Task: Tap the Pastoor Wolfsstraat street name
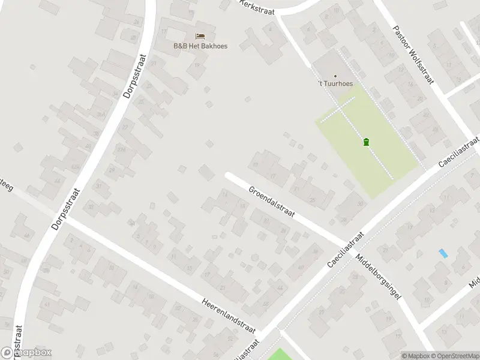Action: pyautogui.click(x=412, y=55)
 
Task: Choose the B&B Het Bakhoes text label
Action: pyautogui.click(x=200, y=46)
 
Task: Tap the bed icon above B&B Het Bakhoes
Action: pyautogui.click(x=200, y=36)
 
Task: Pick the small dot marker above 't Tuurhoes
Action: pyautogui.click(x=335, y=76)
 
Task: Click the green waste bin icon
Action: pyautogui.click(x=366, y=142)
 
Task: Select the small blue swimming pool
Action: pyautogui.click(x=443, y=253)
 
